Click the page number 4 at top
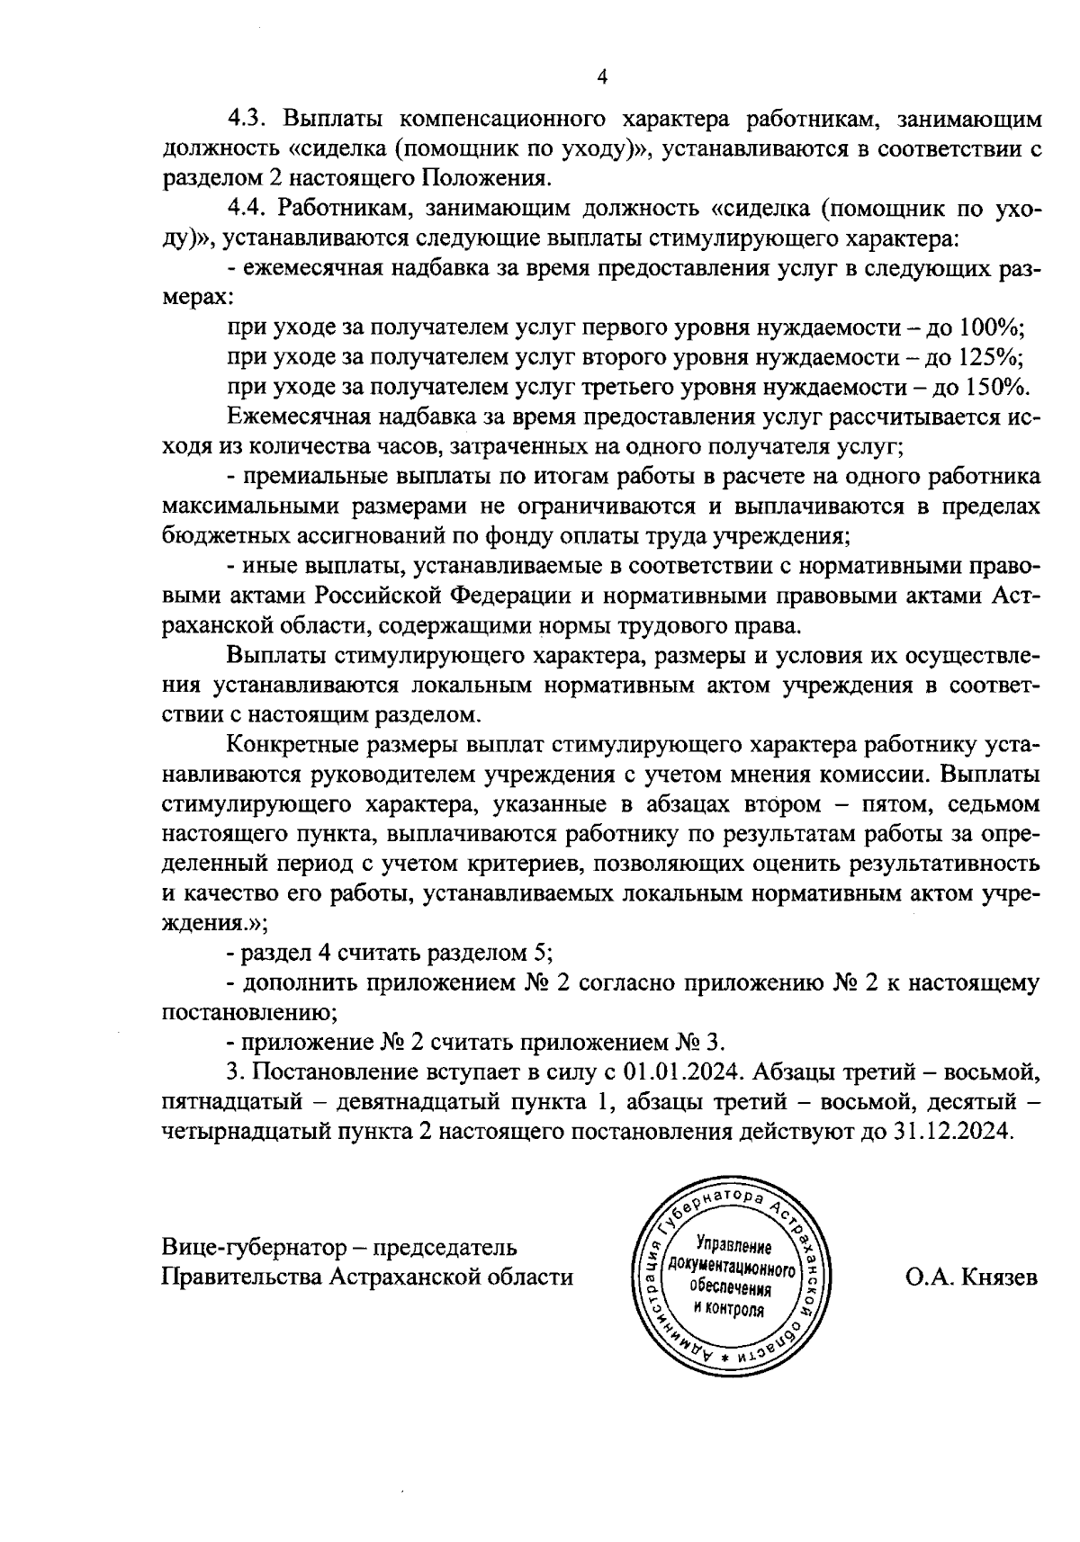602,78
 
